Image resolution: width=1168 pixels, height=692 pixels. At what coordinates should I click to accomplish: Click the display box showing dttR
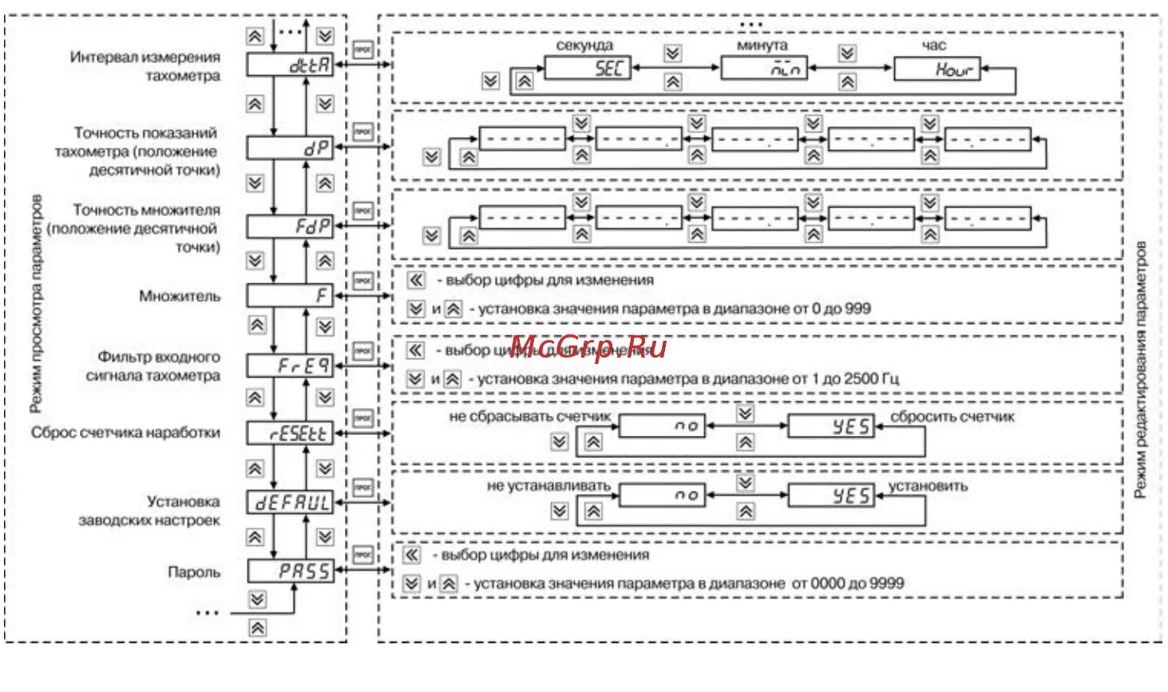(x=289, y=65)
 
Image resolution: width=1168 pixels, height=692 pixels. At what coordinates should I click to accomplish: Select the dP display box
(x=289, y=148)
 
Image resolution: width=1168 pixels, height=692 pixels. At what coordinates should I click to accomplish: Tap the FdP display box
(x=289, y=227)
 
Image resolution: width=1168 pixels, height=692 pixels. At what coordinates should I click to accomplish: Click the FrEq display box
(x=289, y=366)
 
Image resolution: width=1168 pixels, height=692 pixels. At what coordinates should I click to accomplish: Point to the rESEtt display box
(x=289, y=433)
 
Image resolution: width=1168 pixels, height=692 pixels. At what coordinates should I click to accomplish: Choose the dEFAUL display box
(x=289, y=503)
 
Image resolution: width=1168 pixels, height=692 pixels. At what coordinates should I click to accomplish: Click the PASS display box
(x=290, y=571)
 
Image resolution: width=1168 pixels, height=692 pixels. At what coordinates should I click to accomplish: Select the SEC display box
(x=588, y=69)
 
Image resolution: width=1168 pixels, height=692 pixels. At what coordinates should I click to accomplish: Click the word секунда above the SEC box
(x=584, y=45)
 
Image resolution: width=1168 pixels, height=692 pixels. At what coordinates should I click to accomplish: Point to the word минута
(x=762, y=45)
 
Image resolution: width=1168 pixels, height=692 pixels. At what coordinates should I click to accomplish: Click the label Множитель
(x=180, y=296)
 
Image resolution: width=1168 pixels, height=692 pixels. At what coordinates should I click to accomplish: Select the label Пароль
(x=194, y=572)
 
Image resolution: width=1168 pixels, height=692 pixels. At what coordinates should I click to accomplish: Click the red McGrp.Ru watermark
(x=588, y=347)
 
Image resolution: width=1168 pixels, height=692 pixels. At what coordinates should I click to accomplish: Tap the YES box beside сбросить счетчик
(x=831, y=426)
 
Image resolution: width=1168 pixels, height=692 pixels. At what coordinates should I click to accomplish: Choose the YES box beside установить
(x=831, y=496)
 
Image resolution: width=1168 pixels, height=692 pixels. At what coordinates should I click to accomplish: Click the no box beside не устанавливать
(x=662, y=496)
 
